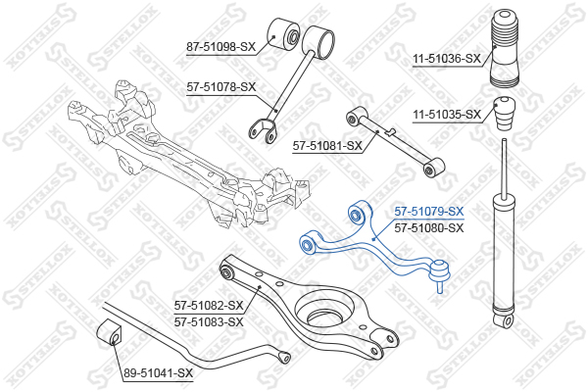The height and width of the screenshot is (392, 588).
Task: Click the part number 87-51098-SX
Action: [x=220, y=47]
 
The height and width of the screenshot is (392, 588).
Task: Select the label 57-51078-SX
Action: [x=220, y=87]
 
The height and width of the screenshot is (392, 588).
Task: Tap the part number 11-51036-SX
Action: [x=447, y=59]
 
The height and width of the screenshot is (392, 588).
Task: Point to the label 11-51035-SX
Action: [x=447, y=114]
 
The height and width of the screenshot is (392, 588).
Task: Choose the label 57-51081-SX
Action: [x=327, y=145]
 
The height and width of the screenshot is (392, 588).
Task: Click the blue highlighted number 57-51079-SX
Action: [x=429, y=212]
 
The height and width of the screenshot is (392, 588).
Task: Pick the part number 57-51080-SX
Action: [x=429, y=227]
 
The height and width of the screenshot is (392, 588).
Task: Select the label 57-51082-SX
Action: [x=209, y=306]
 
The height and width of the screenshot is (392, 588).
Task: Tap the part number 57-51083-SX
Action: [x=209, y=321]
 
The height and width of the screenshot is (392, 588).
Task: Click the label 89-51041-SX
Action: [x=158, y=372]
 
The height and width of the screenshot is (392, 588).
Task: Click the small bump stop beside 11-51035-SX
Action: [x=504, y=114]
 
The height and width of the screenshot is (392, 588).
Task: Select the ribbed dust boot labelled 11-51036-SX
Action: [x=505, y=48]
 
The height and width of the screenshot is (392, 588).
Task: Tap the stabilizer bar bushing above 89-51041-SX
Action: [x=110, y=332]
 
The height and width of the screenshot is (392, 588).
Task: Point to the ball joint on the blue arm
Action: [x=440, y=273]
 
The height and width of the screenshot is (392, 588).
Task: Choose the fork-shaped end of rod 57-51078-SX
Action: [x=262, y=131]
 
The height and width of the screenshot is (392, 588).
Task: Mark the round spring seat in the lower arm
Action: [x=324, y=310]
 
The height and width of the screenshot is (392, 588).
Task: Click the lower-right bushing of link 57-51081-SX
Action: [x=433, y=168]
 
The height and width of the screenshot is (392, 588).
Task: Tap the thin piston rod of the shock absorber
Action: [x=505, y=166]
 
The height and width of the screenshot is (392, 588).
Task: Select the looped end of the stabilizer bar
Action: [x=284, y=357]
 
